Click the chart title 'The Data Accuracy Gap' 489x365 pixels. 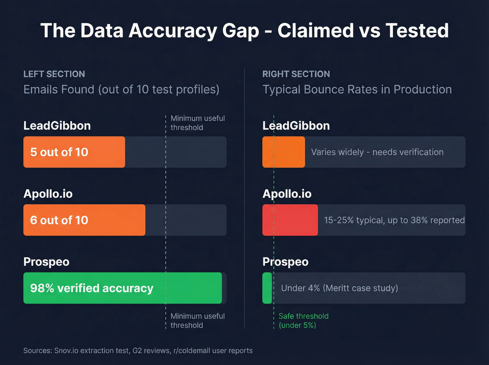[x=245, y=30]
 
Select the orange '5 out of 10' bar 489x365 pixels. [x=74, y=152]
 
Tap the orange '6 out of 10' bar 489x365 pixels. [x=84, y=220]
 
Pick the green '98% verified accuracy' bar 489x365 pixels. [x=122, y=288]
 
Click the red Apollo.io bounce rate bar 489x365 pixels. [x=290, y=220]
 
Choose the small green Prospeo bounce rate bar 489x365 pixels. [x=267, y=288]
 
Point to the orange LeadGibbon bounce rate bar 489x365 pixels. [x=283, y=152]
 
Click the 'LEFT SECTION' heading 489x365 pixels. [x=54, y=74]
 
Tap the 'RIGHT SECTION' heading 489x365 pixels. [x=296, y=74]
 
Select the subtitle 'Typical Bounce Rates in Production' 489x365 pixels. [x=357, y=89]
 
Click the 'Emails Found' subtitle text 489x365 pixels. [x=121, y=89]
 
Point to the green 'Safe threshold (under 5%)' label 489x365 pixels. [x=303, y=321]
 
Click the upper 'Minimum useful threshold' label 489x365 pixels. [x=197, y=123]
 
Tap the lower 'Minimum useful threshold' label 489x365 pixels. [x=197, y=321]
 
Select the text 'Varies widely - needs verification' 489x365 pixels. [x=377, y=152]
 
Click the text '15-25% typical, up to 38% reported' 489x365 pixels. [x=394, y=220]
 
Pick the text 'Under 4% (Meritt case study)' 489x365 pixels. [x=340, y=288]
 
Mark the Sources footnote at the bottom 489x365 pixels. [x=138, y=351]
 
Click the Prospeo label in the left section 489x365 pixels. [x=46, y=262]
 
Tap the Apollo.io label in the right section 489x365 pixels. [x=287, y=194]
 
